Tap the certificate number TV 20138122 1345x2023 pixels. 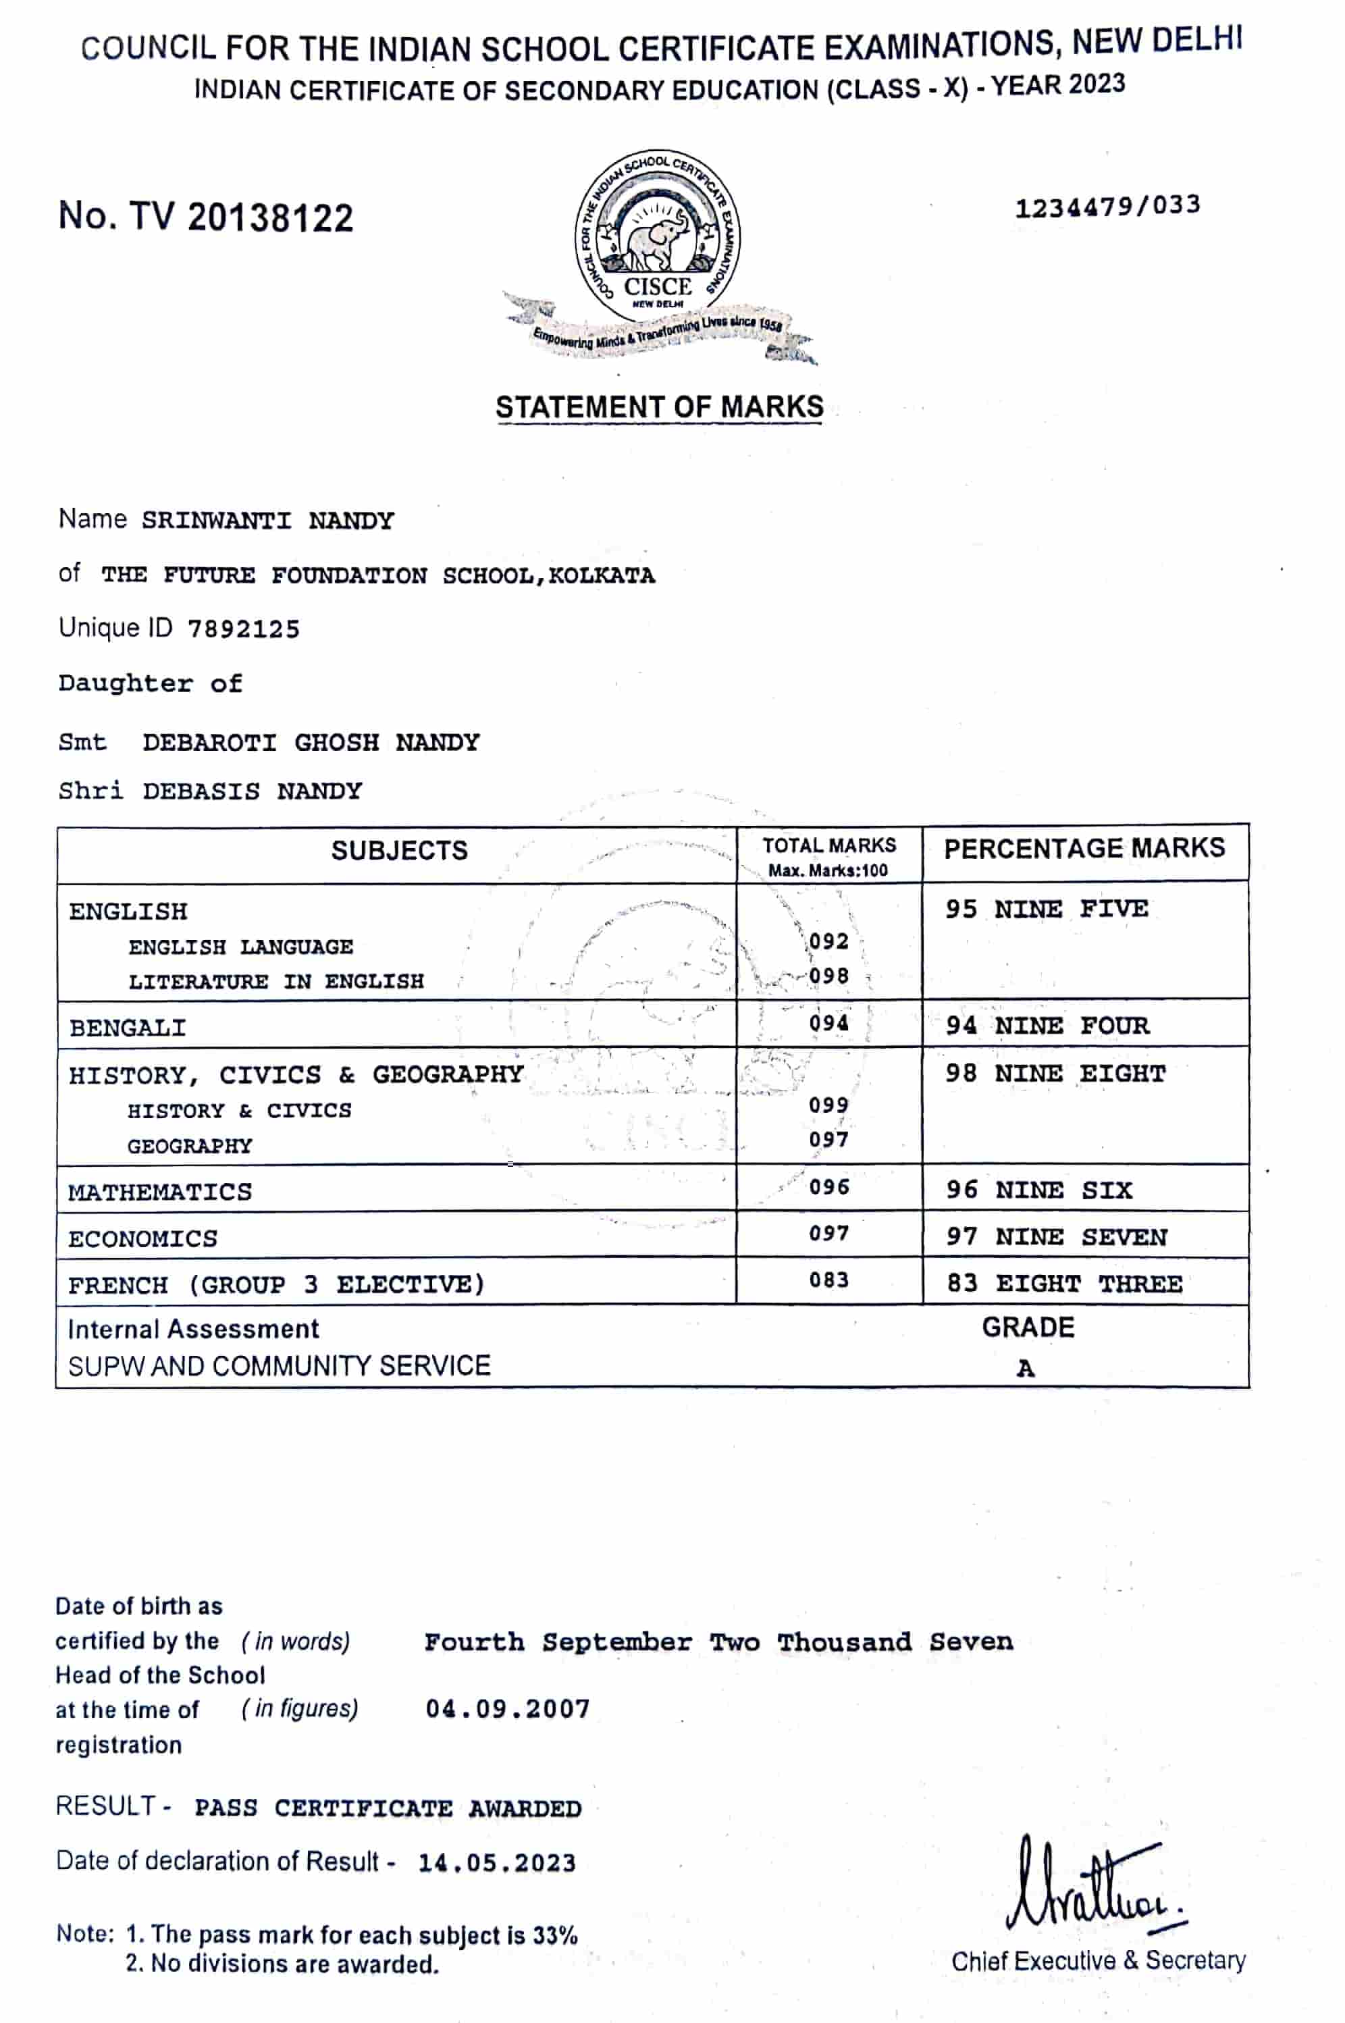coord(206,217)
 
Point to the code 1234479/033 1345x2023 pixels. coord(1107,206)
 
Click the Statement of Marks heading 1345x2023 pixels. coord(659,406)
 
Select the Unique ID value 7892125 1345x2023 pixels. coord(244,629)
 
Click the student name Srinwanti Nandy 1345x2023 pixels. coord(267,521)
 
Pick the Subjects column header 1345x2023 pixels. coord(400,851)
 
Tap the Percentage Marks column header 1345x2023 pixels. coord(1084,848)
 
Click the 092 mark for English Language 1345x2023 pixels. coord(828,941)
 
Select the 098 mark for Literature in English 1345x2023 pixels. coord(828,976)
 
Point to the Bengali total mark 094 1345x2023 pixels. coord(828,1023)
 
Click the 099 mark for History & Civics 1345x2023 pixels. coord(828,1105)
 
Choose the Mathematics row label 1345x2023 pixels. coord(161,1192)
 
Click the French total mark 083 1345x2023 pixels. coord(828,1280)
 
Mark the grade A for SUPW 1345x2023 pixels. coord(1025,1369)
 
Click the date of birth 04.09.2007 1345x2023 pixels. coord(508,1709)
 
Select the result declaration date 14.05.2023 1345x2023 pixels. coord(497,1864)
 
